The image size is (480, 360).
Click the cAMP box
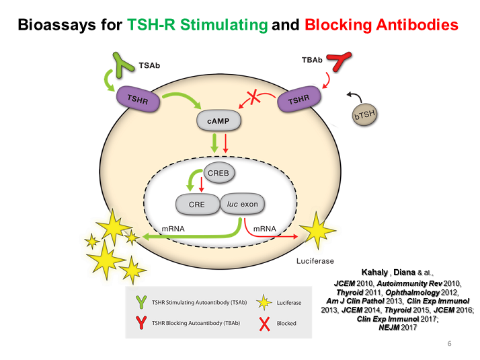[218, 122]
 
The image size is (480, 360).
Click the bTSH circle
[364, 116]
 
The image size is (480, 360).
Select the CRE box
[196, 205]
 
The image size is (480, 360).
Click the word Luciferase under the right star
[315, 260]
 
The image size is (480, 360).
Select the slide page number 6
[449, 344]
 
